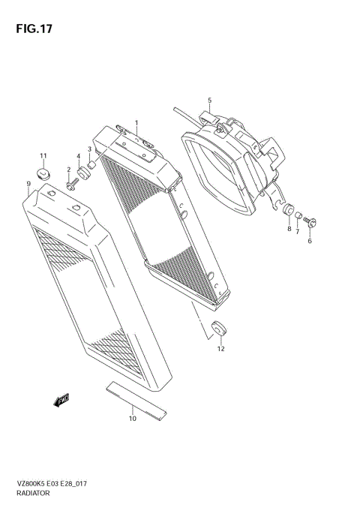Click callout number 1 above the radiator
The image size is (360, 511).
tap(136, 122)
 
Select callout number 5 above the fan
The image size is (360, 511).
tap(210, 100)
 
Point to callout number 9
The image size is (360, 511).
tap(28, 183)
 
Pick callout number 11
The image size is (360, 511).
tap(43, 156)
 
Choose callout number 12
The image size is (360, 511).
tap(220, 348)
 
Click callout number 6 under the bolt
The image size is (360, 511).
tap(309, 240)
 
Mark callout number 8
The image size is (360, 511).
tap(289, 229)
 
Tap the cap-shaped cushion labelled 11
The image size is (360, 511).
tap(43, 176)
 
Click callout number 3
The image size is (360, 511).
tap(89, 149)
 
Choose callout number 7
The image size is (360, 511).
tap(297, 232)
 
